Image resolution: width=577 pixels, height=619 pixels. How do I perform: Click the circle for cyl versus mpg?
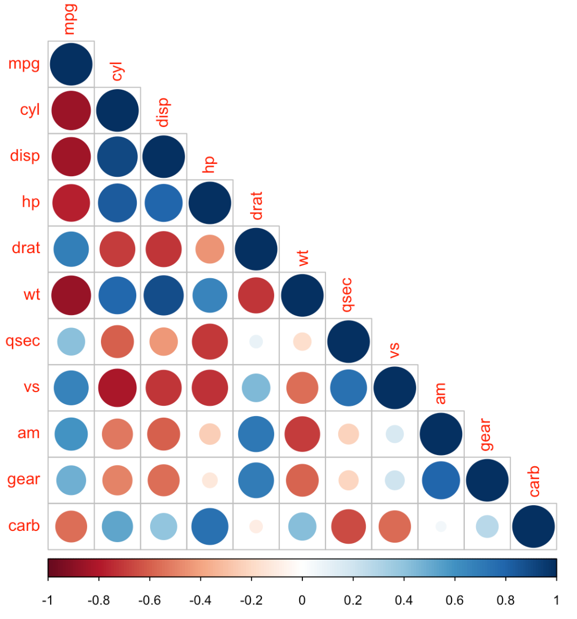(x=71, y=111)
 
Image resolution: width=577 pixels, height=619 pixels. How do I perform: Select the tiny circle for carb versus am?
(x=441, y=527)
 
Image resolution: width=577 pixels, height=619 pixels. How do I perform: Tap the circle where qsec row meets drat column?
(x=256, y=341)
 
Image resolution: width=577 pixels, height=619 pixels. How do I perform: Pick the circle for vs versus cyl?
(x=118, y=388)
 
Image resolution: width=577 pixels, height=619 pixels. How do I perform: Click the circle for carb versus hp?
(x=210, y=527)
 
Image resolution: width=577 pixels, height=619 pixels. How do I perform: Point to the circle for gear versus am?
(x=441, y=480)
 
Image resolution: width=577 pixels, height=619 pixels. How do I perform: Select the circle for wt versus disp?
(x=163, y=295)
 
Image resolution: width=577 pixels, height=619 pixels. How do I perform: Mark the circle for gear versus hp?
(x=210, y=480)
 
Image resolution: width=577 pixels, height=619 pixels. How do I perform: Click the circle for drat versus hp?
(x=210, y=249)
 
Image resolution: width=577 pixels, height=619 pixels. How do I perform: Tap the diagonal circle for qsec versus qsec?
(x=348, y=341)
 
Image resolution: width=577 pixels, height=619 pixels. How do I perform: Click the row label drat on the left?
(x=26, y=248)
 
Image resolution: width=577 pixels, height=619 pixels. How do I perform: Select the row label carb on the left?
(x=24, y=526)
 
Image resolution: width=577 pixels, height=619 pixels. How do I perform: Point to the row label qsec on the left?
(x=23, y=341)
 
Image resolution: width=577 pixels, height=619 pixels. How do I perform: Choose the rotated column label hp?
(x=209, y=164)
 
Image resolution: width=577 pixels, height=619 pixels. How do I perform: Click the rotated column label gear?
(x=486, y=435)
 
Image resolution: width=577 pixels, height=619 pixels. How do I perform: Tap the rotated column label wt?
(x=302, y=258)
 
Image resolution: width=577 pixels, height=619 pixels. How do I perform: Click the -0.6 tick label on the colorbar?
(x=149, y=600)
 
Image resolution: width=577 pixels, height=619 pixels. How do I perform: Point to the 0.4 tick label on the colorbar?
(x=403, y=600)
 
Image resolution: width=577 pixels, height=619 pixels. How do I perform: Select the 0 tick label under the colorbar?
(x=302, y=600)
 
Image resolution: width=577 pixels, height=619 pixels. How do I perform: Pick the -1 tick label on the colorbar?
(x=48, y=600)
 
